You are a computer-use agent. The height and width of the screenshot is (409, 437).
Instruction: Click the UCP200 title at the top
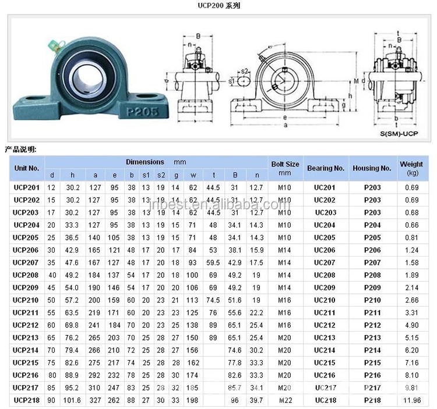click(218, 6)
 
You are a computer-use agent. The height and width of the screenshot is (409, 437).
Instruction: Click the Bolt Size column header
click(285, 168)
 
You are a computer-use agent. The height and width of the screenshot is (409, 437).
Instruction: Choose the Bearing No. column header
click(326, 168)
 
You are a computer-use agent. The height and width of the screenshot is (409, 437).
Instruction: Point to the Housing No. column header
click(372, 168)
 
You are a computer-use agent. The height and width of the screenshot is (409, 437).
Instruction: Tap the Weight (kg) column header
click(411, 168)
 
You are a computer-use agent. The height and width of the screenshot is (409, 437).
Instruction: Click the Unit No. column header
click(26, 168)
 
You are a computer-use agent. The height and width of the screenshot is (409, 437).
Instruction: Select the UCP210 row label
click(26, 300)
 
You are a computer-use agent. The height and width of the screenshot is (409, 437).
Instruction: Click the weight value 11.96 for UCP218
click(412, 401)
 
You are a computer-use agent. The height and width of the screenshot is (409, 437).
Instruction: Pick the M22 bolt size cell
click(285, 401)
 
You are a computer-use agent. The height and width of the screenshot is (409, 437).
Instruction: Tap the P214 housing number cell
click(372, 350)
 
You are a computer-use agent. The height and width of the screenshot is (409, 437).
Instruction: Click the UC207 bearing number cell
click(325, 262)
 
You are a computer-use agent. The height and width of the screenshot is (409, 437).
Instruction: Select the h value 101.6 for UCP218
click(72, 401)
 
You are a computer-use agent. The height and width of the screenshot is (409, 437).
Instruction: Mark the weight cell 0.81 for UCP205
click(411, 237)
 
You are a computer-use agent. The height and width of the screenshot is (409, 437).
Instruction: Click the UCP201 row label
click(26, 187)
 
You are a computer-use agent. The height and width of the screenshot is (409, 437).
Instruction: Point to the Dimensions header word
click(145, 161)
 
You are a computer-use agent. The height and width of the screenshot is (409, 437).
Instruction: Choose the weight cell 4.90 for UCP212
click(411, 325)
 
